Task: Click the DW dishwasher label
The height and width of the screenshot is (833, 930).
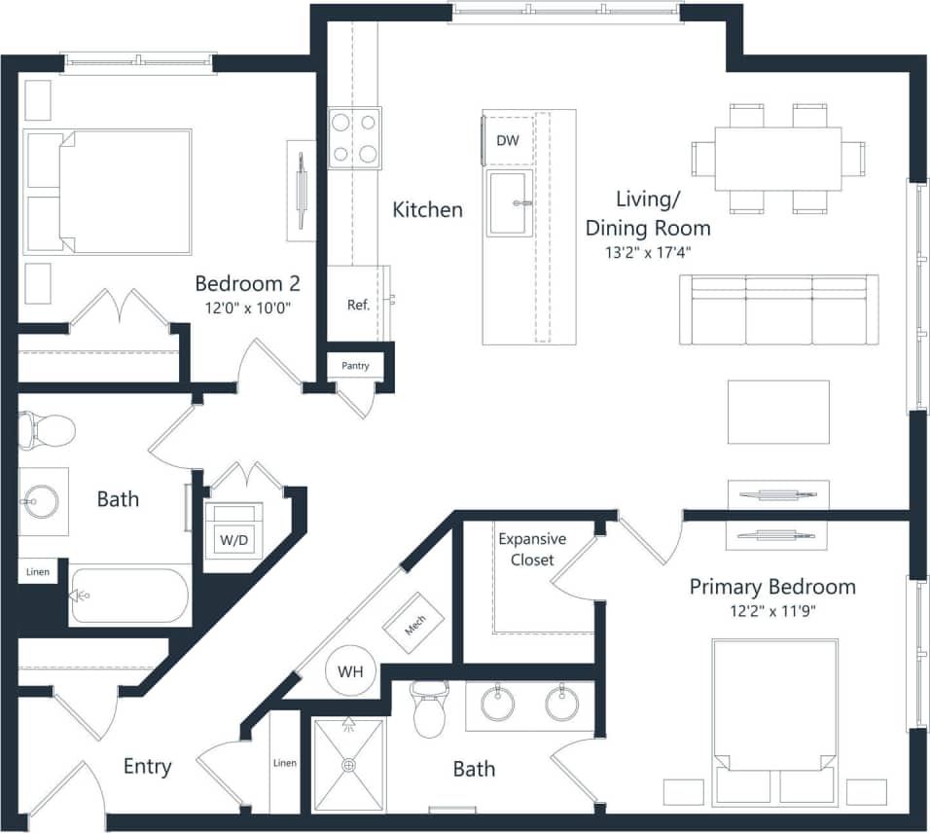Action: [x=508, y=140]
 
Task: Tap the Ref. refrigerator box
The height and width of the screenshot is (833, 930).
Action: [x=358, y=305]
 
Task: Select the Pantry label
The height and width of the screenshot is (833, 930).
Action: [x=355, y=366]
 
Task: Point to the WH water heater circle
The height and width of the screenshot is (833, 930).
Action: [x=351, y=671]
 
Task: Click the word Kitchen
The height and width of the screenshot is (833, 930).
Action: [x=427, y=209]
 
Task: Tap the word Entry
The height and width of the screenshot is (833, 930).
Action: [x=147, y=767]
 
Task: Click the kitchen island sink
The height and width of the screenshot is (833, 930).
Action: [x=512, y=202]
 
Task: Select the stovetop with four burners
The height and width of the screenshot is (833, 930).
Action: [x=354, y=138]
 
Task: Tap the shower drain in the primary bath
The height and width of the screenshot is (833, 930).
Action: [x=348, y=765]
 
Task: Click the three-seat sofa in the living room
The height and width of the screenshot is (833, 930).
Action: [x=778, y=309]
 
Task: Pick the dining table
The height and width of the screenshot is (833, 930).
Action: [x=778, y=159]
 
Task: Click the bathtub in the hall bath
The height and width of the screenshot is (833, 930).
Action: [x=129, y=595]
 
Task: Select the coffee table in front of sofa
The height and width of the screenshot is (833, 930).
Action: [x=778, y=412]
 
